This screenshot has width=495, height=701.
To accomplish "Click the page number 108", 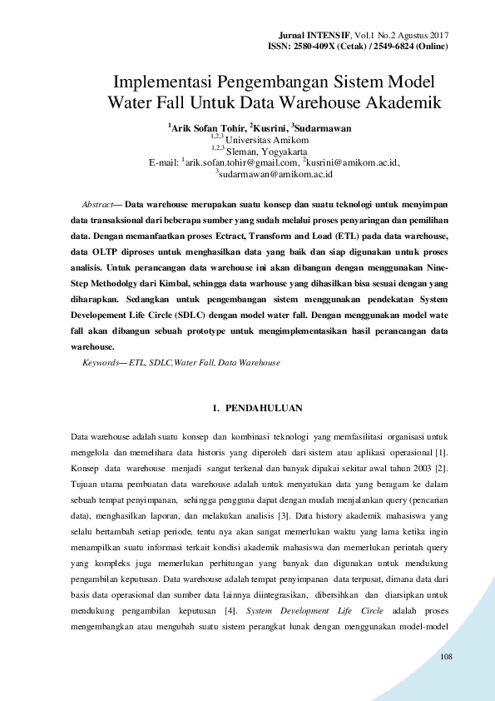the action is tap(446, 658).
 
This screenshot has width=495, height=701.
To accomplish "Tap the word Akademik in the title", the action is tap(402, 104).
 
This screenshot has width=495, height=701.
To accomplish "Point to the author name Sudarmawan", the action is tap(323, 128).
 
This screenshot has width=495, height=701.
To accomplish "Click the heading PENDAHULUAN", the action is tap(264, 408).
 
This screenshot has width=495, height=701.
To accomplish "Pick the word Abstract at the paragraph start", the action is tap(97, 204).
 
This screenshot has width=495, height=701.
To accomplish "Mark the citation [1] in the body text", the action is tap(443, 452).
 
